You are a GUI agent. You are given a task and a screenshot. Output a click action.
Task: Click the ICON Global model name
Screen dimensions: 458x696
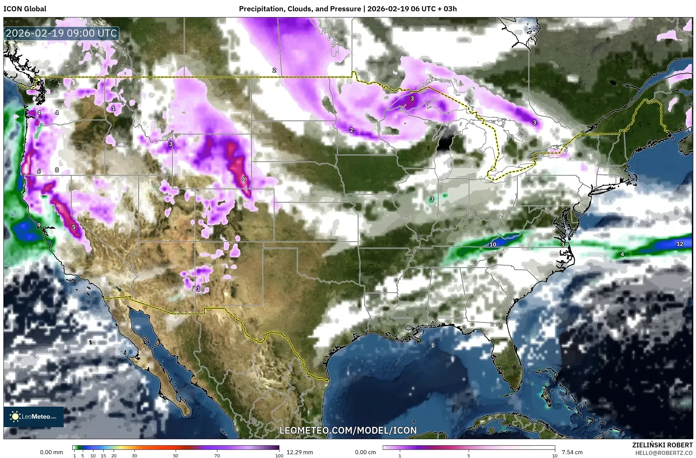pyautogui.click(x=25, y=9)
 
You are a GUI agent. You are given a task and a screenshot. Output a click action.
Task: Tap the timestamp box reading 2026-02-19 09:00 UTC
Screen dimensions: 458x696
pyautogui.click(x=62, y=33)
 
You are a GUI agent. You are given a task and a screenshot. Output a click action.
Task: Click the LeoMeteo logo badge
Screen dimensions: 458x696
pyautogui.click(x=34, y=417)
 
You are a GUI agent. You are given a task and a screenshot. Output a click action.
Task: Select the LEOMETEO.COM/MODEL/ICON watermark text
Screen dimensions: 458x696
pyautogui.click(x=348, y=430)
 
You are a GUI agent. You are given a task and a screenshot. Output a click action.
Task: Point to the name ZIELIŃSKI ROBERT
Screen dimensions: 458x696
pyautogui.click(x=662, y=445)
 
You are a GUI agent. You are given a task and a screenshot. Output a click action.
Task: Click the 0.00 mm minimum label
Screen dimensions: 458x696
pyautogui.click(x=51, y=452)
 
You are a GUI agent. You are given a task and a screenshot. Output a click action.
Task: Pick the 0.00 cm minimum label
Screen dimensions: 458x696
pyautogui.click(x=365, y=452)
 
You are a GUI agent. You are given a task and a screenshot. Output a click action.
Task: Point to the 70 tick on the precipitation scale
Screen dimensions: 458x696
pyautogui.click(x=217, y=456)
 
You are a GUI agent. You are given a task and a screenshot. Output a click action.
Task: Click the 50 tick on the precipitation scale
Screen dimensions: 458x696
pyautogui.click(x=176, y=456)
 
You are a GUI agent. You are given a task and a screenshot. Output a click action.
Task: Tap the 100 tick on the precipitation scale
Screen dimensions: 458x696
pyautogui.click(x=279, y=456)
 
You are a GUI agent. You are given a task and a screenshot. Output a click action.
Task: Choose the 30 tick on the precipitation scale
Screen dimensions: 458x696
pyautogui.click(x=135, y=456)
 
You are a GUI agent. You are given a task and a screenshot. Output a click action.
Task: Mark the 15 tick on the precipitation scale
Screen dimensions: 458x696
pyautogui.click(x=103, y=456)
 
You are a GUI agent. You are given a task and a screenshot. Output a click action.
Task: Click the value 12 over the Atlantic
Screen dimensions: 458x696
pyautogui.click(x=680, y=244)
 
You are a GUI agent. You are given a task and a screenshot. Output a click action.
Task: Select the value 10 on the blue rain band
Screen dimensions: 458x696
pyautogui.click(x=493, y=244)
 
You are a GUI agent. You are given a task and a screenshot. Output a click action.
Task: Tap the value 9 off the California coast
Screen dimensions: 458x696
pyautogui.click(x=39, y=225)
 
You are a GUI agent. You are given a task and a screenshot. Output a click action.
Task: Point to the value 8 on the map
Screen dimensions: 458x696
pyautogui.click(x=57, y=170)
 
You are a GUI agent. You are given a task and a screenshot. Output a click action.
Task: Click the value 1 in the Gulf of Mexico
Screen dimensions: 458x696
pyautogui.click(x=432, y=345)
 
